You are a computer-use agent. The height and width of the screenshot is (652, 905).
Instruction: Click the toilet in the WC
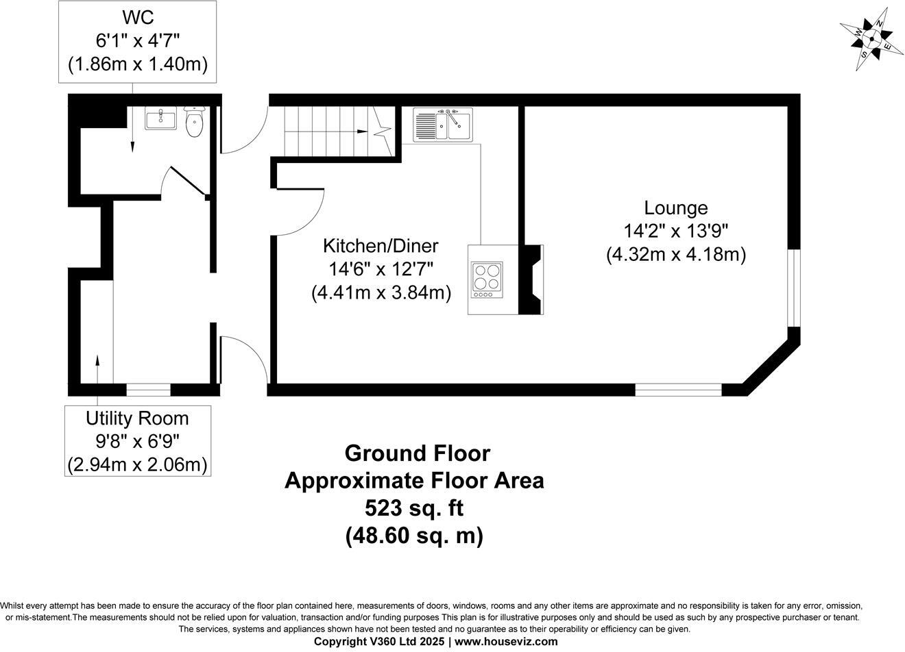point(195,122)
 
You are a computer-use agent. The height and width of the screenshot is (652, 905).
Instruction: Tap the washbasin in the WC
point(161,118)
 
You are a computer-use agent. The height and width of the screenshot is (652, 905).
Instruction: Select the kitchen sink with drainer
point(442,125)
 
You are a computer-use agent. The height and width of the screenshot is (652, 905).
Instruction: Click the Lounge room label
point(675,208)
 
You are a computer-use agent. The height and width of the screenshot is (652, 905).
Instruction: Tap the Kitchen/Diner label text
point(381,245)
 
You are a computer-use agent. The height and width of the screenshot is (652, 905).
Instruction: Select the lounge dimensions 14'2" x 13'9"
point(675,231)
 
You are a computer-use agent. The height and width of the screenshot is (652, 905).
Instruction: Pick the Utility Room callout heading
point(137,418)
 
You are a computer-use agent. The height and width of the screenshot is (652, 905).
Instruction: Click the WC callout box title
point(138,17)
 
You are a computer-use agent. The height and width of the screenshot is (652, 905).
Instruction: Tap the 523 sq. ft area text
point(413,507)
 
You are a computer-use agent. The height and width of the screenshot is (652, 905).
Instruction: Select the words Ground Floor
point(417,453)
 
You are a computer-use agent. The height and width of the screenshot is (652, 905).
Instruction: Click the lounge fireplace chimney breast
point(530,279)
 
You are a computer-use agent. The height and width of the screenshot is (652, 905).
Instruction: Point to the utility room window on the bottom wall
point(148,390)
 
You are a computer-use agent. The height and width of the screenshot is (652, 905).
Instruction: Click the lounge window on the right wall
point(793,287)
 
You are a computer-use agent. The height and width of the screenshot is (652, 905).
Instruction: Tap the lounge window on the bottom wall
point(678,390)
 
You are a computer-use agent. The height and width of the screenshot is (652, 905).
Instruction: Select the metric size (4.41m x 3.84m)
point(381,293)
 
